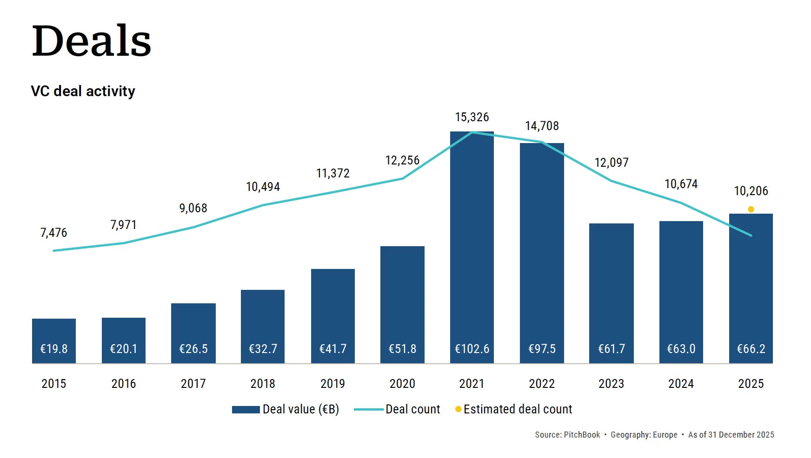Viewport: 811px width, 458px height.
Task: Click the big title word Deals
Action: coord(92,41)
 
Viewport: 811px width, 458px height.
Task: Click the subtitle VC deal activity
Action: coord(83,91)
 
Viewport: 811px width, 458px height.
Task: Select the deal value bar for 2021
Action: coord(472,242)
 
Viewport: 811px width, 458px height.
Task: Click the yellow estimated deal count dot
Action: coord(751,209)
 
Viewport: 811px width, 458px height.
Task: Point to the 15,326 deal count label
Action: coord(472,117)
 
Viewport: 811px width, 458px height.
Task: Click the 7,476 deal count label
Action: coord(53,232)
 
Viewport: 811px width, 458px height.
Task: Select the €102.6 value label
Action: coord(472,348)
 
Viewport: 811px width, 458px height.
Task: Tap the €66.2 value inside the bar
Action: coord(751,348)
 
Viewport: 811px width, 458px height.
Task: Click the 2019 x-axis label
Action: coord(332,384)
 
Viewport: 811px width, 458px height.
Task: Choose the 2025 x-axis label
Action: coord(751,384)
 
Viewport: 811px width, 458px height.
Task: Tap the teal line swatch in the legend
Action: coord(368,409)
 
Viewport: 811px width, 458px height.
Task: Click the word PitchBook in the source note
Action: coord(581,435)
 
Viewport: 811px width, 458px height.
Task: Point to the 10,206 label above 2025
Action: coord(751,191)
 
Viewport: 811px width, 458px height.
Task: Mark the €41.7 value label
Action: coord(332,348)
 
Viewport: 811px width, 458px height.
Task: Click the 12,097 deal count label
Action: coord(611,163)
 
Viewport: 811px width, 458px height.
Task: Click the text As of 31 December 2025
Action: coord(731,435)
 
